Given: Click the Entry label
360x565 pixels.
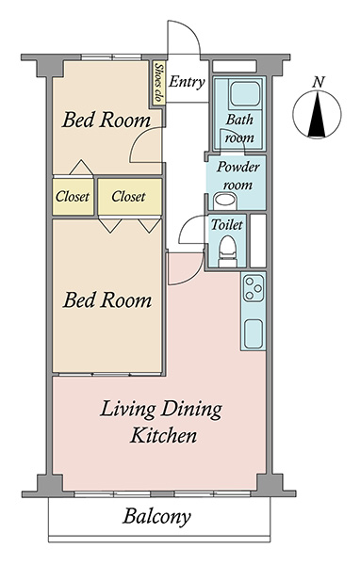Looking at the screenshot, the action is coord(187,82).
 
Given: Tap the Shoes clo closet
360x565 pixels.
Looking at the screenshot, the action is coord(158,83).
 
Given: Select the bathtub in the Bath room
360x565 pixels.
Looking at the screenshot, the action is coord(245,93).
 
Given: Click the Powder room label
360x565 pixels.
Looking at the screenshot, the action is coord(238,175).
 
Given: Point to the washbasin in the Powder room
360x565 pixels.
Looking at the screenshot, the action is coord(224,202).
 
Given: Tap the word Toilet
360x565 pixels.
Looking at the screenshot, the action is coord(227,224).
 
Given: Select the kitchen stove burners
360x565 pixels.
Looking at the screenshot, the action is coord(254,288).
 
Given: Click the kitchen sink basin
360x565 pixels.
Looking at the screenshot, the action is coord(253,334).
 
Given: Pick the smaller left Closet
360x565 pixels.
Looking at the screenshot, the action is coord(73,197).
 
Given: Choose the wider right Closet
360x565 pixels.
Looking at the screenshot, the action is coord(130,197).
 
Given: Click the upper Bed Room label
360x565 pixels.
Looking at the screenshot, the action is coord(106,120).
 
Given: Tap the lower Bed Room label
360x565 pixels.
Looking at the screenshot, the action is coord(107,300).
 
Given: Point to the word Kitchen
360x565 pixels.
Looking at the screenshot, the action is coord(163,435).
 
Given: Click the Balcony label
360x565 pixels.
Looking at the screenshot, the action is coord(157,517).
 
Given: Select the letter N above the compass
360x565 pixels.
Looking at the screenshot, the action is coord(318,83).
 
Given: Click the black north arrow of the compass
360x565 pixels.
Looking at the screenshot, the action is coord(317,115).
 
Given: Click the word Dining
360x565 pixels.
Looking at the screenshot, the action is coord(191,410).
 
